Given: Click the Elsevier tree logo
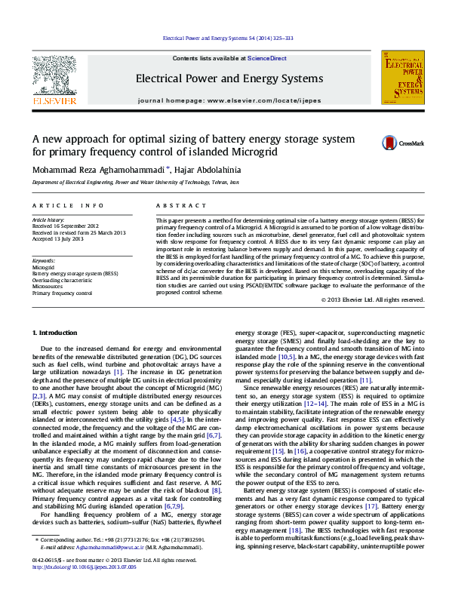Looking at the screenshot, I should pyautogui.click(x=54, y=75).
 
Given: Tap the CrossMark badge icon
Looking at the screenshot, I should pyautogui.click(x=389, y=143).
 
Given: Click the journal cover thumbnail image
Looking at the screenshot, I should pyautogui.click(x=402, y=78).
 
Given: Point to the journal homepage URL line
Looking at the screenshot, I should pyautogui.click(x=229, y=100).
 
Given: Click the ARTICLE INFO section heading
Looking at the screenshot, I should pyautogui.click(x=68, y=205).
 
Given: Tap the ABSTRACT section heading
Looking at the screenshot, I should pyautogui.click(x=176, y=205).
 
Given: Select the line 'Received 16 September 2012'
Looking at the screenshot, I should pyautogui.click(x=65, y=226).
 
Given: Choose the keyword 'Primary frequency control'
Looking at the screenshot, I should pyautogui.click(x=62, y=293).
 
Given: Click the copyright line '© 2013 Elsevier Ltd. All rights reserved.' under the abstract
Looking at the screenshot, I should pyautogui.click(x=372, y=299).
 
